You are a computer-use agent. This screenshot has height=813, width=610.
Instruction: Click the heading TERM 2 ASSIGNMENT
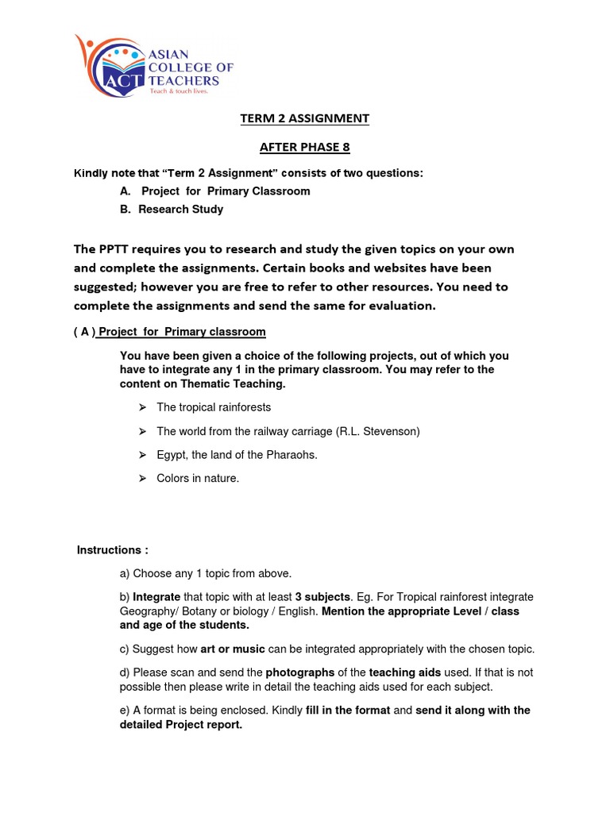coord(305,118)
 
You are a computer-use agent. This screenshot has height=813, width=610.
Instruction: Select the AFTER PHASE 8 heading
coord(305,147)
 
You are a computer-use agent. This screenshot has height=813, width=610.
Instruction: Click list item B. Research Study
coord(172,210)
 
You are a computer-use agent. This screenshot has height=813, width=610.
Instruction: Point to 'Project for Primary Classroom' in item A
coord(226,191)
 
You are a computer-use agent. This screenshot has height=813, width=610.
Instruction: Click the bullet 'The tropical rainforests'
coord(214,407)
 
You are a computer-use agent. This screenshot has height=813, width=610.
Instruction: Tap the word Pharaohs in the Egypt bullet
coord(291,455)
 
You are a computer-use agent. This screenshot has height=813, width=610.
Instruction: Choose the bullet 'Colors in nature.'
coord(198,479)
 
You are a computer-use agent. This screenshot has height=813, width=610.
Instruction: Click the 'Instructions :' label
coord(113,550)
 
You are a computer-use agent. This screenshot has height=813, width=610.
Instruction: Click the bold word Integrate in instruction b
coord(156,597)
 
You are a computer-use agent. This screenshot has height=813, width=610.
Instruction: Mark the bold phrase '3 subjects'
coord(322,597)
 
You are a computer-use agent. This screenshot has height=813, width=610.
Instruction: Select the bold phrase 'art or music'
coord(233,649)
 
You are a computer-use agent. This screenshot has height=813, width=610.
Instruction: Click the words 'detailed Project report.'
coord(181,725)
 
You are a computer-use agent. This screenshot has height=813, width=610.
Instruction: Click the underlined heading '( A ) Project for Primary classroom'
coord(170,332)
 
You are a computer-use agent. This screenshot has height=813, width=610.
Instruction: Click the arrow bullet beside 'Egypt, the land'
coord(142,455)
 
